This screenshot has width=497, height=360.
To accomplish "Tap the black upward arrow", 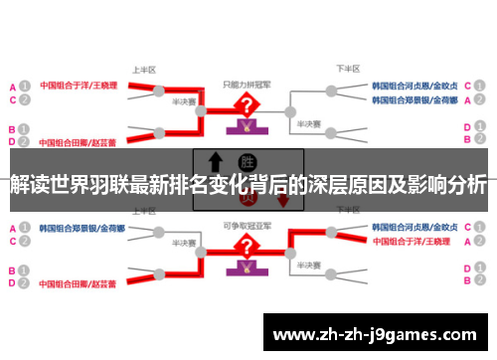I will tap(214, 162).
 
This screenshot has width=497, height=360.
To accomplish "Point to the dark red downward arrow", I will tap(283, 199).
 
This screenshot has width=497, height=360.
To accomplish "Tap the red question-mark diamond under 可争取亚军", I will tap(242, 243).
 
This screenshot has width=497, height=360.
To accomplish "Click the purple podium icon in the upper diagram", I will tap(242, 127).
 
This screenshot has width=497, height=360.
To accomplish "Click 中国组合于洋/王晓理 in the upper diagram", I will tap(79, 86).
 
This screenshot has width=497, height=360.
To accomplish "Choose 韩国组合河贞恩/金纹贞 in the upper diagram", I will tap(414, 86).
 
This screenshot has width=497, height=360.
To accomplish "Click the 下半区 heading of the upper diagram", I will tap(346, 69).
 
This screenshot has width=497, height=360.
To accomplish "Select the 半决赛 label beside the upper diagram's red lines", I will tap(182, 100).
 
